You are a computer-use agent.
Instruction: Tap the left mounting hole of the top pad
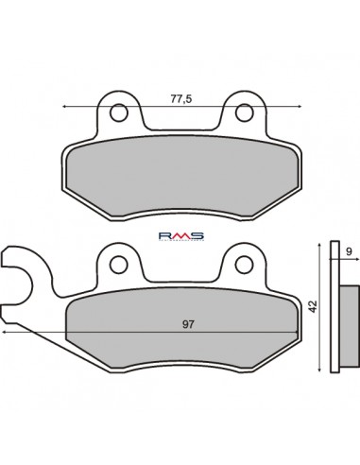[x=119, y=112]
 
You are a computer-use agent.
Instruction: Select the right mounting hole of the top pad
[x=243, y=112]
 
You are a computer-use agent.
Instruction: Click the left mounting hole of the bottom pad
[x=119, y=262]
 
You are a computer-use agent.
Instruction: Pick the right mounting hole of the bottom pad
[x=243, y=262]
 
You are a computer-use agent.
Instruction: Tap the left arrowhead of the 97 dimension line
[x=5, y=334]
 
